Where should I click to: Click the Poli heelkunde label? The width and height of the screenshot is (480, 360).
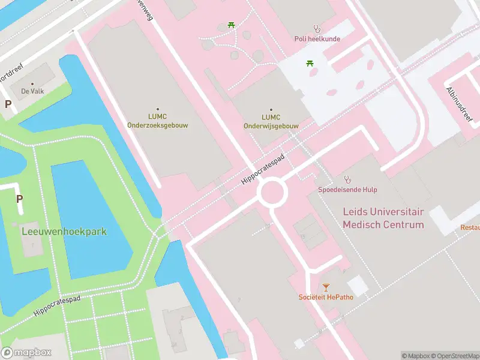click(x=317, y=39)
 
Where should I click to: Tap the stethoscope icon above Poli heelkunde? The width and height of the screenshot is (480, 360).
click(x=317, y=28)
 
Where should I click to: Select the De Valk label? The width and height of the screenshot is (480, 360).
click(x=32, y=91)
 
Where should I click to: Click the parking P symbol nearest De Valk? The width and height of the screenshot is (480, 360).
click(x=8, y=104)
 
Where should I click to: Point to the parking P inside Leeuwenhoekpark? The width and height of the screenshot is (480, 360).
click(x=19, y=199)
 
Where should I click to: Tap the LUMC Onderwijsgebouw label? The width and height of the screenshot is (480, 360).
click(x=271, y=121)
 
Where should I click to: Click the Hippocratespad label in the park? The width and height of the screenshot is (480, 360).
click(x=57, y=305)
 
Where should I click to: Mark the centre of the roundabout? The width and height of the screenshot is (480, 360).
click(x=272, y=193)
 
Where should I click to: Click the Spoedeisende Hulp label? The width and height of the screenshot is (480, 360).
click(x=347, y=190)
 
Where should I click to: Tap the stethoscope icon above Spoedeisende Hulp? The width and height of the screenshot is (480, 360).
click(x=347, y=179)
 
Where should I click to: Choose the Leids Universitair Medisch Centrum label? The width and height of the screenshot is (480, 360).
click(x=383, y=218)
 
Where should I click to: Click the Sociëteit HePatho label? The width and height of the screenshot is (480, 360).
click(x=325, y=297)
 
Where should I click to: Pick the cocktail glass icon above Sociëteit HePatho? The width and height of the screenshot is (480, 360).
click(x=326, y=287)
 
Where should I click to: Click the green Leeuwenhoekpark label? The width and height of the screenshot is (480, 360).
click(x=64, y=231)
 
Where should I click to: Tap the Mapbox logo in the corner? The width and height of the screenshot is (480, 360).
click(x=26, y=352)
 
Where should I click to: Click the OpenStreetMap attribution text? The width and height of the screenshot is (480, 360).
click(x=451, y=356)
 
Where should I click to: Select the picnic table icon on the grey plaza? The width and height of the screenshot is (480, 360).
click(x=310, y=63)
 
